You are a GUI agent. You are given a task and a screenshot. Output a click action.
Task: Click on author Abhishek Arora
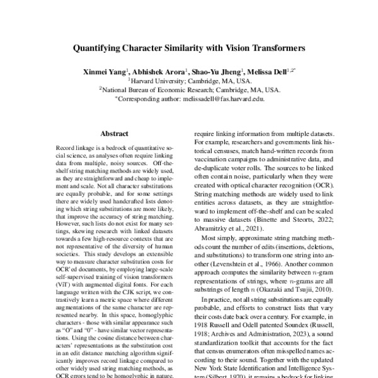[157, 72]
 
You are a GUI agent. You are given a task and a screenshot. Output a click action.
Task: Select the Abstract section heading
[115, 134]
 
